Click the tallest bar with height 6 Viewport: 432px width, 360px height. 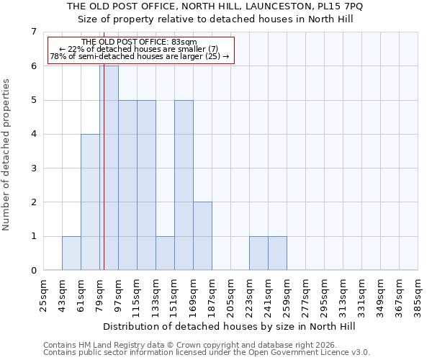point(109,168)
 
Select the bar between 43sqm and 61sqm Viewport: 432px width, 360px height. point(71,253)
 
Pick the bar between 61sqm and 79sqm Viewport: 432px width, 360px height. point(90,202)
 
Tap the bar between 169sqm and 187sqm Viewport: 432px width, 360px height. point(202,236)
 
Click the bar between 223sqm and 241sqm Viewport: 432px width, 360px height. point(258,253)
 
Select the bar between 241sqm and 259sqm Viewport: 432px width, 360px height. point(277,253)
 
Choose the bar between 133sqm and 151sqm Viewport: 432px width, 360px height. point(165,253)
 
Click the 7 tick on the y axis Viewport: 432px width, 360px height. point(33,32)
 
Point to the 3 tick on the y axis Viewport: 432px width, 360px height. point(33,168)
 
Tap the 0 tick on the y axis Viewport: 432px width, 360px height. point(33,271)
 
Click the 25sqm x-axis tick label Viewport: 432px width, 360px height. point(44,294)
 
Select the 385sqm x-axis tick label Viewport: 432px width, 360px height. point(418,294)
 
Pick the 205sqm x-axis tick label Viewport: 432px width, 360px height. point(231,294)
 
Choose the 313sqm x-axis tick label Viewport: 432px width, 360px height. point(343,294)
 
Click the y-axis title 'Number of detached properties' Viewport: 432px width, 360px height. point(6,155)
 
